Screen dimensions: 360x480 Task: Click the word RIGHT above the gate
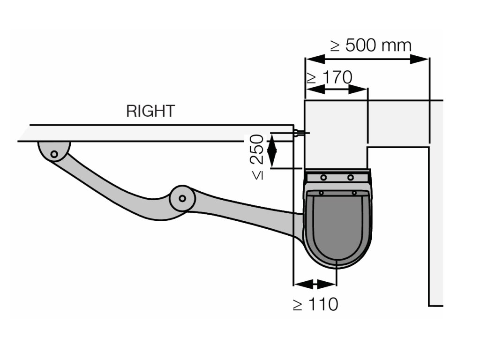[x=150, y=111]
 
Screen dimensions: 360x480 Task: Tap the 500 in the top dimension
[x=360, y=45]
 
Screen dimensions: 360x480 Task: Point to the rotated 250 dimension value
[x=257, y=149]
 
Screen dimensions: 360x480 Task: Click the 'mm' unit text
[x=397, y=45]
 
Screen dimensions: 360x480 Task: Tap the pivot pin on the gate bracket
[x=54, y=153]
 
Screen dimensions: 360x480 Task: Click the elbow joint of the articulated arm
[x=182, y=198]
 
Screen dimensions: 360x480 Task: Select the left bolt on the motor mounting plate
[x=323, y=177]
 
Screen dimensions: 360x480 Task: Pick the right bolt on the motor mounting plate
[x=351, y=177]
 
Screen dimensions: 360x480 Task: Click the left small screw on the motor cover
[x=321, y=193]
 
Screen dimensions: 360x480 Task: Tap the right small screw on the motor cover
[x=354, y=193]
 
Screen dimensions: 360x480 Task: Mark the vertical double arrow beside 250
[x=272, y=150]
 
